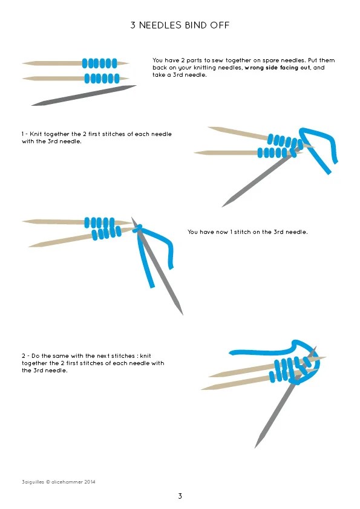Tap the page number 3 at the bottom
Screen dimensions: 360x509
click(180, 496)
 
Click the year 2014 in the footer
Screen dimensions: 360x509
click(90, 482)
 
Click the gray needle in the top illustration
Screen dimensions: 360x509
click(84, 96)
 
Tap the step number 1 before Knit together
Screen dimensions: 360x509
click(23, 134)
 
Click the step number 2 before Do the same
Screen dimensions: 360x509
click(24, 356)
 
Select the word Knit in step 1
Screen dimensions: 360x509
click(36, 134)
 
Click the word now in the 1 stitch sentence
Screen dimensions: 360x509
click(221, 232)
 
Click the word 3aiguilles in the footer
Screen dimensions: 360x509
click(33, 482)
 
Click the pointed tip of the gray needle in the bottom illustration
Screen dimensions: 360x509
click(255, 448)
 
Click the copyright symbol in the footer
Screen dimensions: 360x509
click(48, 482)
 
